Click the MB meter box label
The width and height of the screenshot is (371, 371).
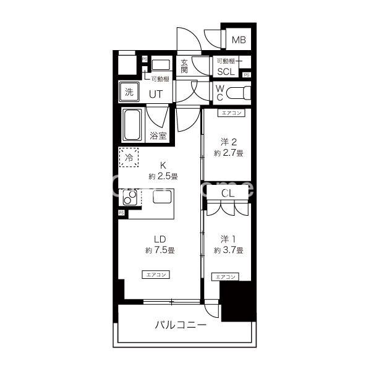[x=239, y=41]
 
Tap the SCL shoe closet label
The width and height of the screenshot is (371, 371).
[x=226, y=72]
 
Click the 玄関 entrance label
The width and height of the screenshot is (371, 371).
[x=184, y=66]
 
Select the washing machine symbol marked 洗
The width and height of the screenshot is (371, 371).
[x=129, y=92]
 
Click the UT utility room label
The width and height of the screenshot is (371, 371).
[x=157, y=93]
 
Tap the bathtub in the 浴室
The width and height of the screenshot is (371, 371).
[x=132, y=125]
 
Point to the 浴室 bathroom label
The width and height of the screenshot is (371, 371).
[x=158, y=135]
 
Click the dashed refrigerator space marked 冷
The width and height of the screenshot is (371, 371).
[x=129, y=157]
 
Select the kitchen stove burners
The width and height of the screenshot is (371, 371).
[x=131, y=198]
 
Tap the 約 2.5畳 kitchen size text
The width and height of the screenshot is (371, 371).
[x=163, y=176]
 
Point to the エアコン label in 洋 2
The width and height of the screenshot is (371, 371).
[x=230, y=113]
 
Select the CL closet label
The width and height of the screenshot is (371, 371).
[x=228, y=194]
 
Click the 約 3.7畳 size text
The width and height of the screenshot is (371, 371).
[x=228, y=250]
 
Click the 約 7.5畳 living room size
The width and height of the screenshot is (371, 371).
[x=160, y=250]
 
